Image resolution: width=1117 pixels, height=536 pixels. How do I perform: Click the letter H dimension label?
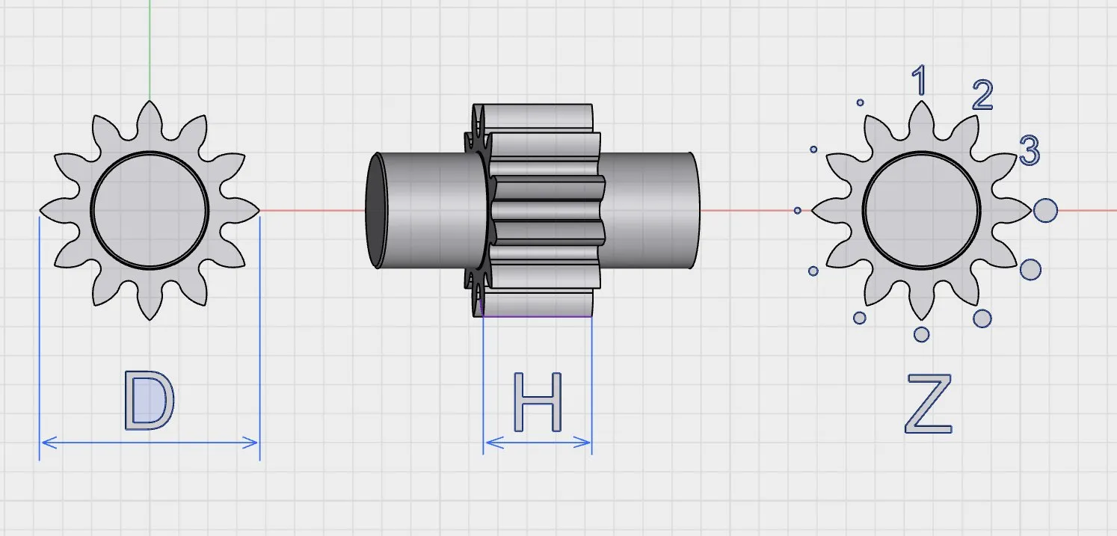(538, 402)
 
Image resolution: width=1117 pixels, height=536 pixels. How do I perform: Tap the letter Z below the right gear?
(928, 404)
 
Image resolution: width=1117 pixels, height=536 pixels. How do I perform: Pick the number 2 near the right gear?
(982, 94)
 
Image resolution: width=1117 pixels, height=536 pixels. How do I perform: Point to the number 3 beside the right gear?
(1030, 150)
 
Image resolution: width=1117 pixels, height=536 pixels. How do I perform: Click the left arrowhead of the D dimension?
(49, 443)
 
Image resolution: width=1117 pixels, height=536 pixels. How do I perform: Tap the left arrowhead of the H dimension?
(493, 443)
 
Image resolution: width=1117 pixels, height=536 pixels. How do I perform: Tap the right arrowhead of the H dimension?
(582, 443)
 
